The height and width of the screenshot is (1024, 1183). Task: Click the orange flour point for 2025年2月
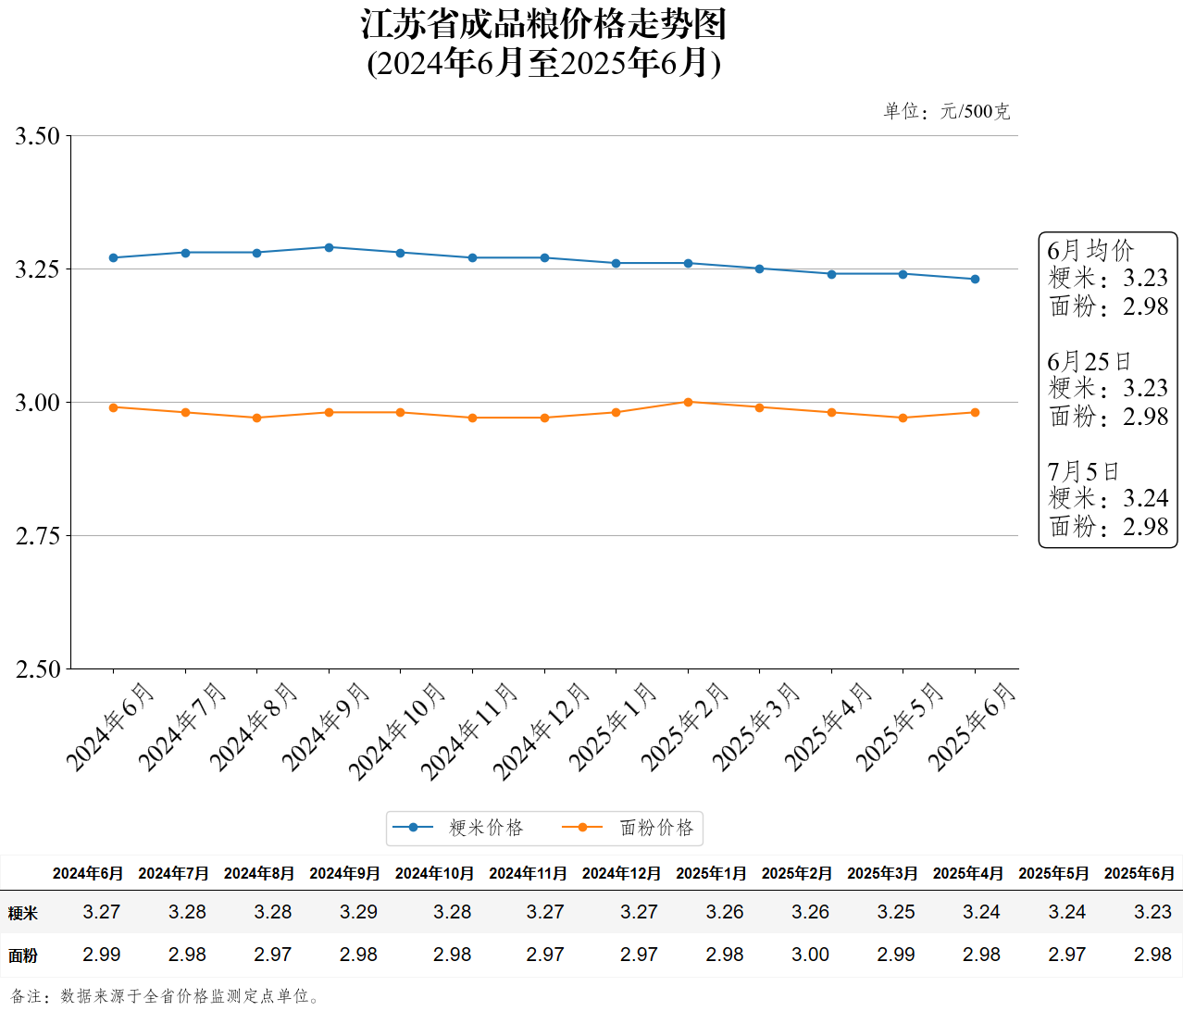coord(688,402)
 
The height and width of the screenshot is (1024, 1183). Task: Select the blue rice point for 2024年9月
coord(329,247)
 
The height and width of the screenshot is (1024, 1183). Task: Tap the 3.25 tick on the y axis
coord(37,269)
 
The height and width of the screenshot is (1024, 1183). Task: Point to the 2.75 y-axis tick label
coord(37,536)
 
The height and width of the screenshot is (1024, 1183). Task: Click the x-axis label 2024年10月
coord(397,731)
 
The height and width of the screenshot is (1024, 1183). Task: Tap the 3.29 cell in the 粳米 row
coord(358,912)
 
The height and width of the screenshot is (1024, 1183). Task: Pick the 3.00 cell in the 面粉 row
coord(810,955)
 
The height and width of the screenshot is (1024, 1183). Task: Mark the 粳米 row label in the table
coord(23,914)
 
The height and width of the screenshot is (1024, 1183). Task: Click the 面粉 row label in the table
coord(23,955)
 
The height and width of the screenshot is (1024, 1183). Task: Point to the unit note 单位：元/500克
coord(946,112)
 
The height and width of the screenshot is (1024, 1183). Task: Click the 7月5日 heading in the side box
coord(1083,472)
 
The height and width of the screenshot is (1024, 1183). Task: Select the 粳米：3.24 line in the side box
coord(1108,499)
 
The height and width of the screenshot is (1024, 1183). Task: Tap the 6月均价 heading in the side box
coord(1090,251)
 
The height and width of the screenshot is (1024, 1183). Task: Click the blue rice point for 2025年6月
coord(975,279)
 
